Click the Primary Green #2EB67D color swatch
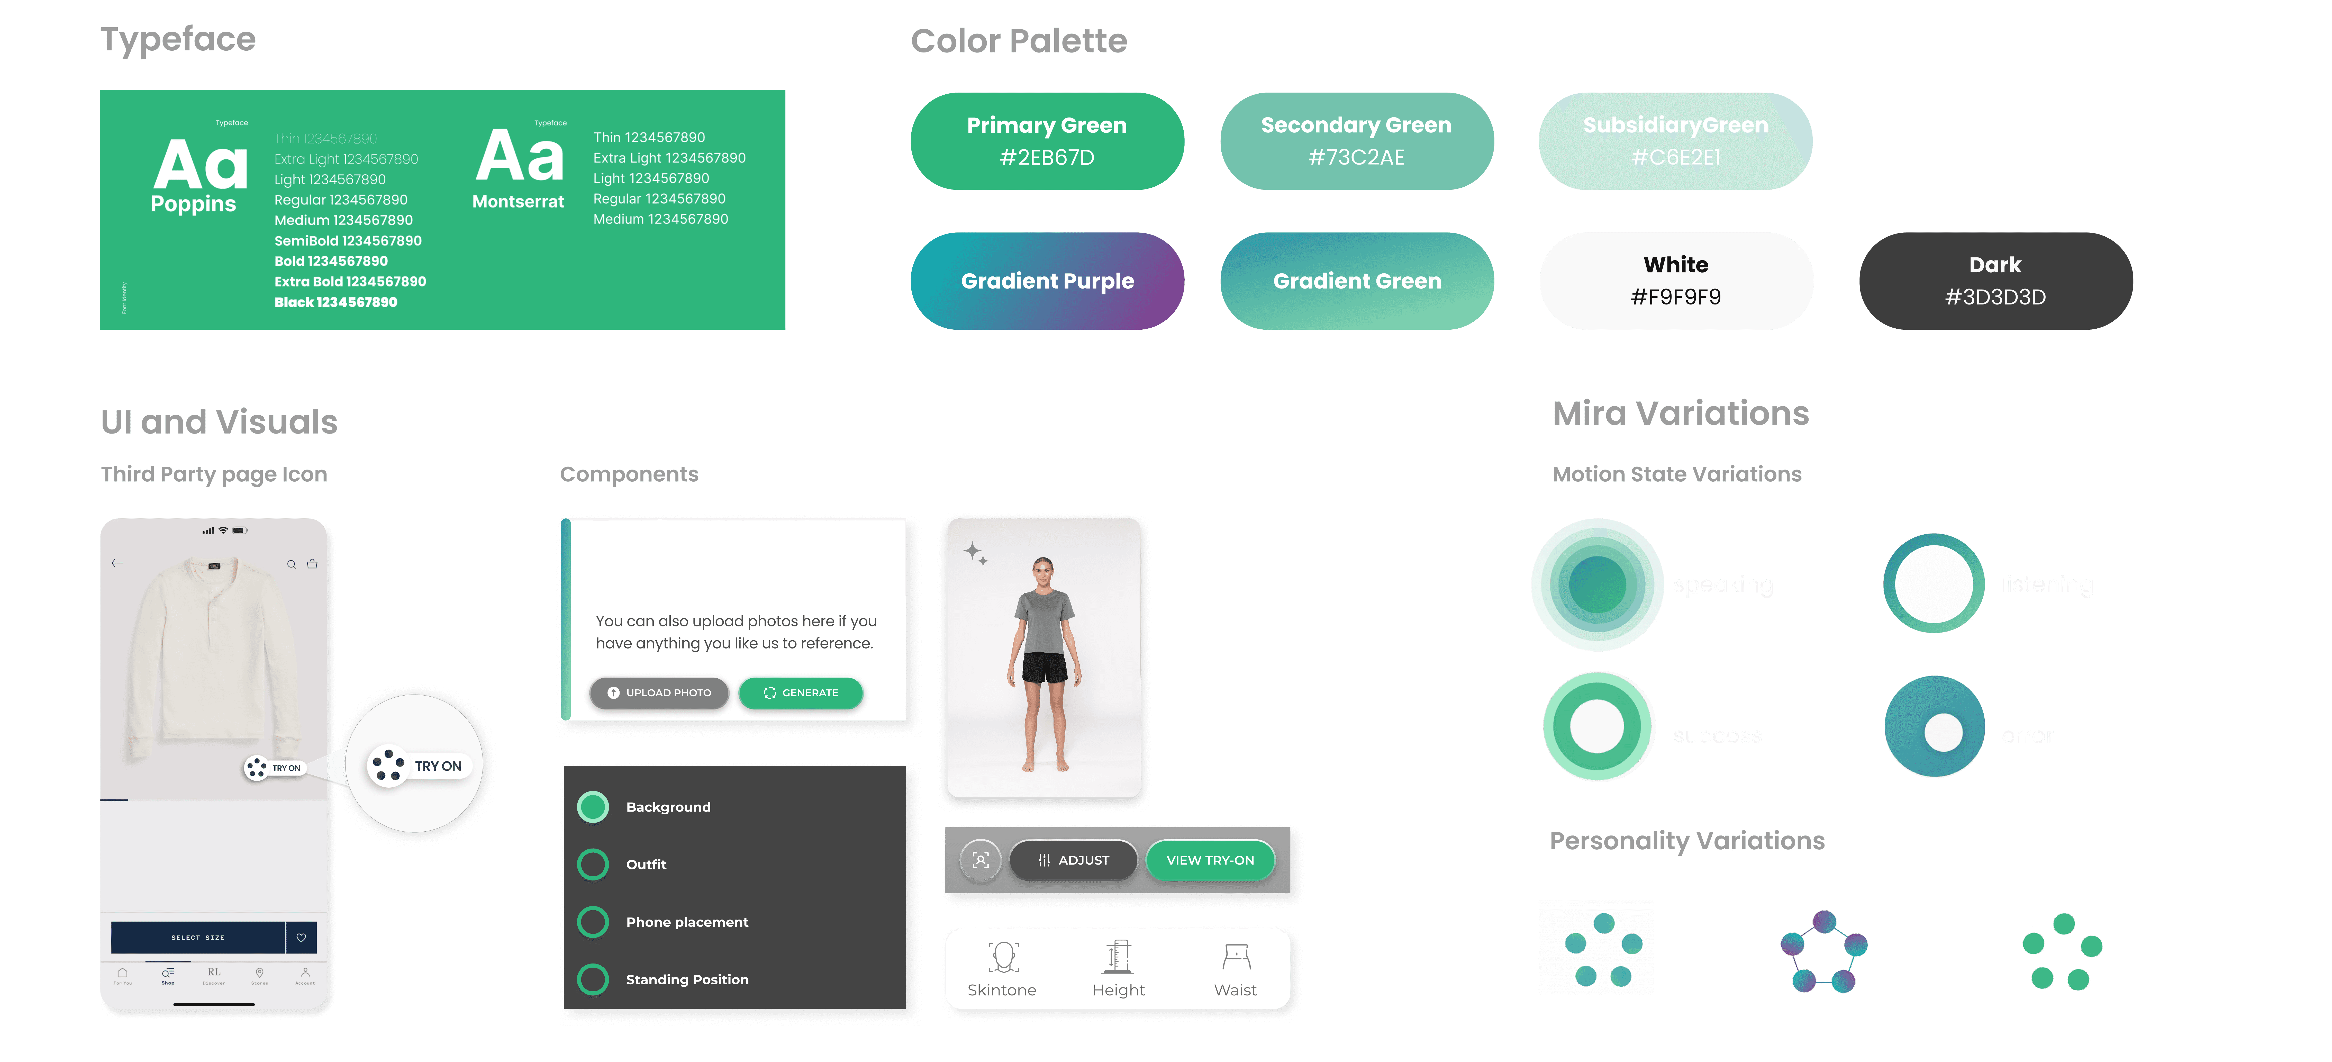tap(1047, 141)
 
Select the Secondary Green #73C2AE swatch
tap(1356, 141)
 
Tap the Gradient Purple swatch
tap(1047, 281)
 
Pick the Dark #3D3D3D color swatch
tap(1995, 281)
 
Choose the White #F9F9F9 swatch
tap(1676, 281)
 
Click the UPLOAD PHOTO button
tap(659, 692)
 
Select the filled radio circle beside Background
tap(593, 807)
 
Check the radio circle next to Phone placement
tap(593, 922)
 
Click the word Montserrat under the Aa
tap(518, 202)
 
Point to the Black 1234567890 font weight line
tap(336, 302)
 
